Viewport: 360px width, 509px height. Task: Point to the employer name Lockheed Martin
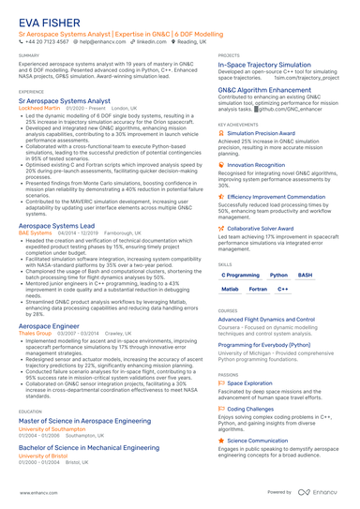point(37,108)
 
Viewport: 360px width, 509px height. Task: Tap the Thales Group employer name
point(35,332)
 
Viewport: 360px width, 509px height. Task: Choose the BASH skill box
point(306,276)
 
